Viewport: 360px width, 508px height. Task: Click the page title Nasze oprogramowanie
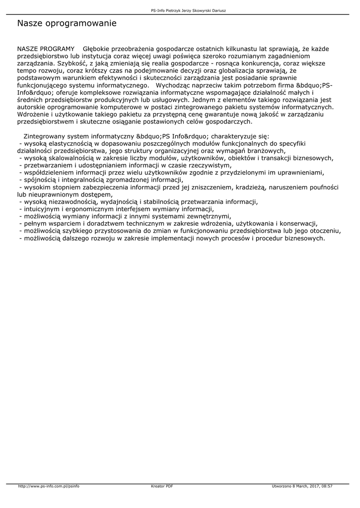click(67, 23)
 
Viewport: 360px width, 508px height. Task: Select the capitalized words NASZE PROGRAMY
click(46, 49)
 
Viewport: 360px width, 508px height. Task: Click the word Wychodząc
click(172, 85)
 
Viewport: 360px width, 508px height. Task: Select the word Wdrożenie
click(34, 114)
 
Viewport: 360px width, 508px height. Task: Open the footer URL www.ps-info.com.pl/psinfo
click(49, 486)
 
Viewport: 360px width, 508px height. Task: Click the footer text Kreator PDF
click(162, 486)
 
